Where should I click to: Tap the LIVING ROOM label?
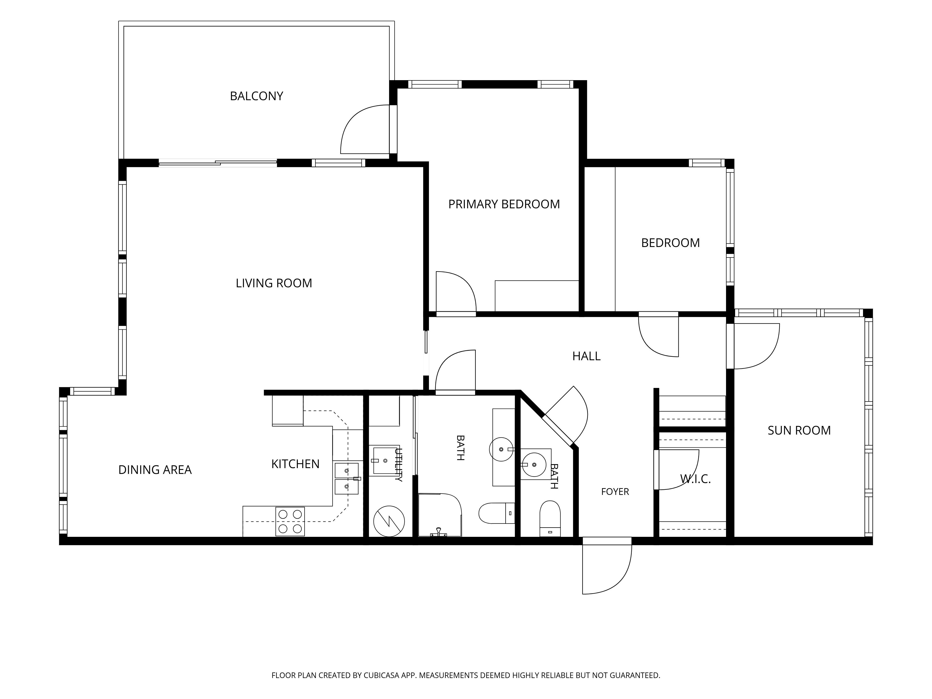pos(274,283)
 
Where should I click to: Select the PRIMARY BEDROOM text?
pos(504,204)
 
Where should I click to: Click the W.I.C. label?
pos(695,479)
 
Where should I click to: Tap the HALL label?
pos(586,356)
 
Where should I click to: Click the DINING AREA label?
pos(155,470)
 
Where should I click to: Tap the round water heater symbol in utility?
pos(389,521)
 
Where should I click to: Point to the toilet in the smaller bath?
pos(550,519)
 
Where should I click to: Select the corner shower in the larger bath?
pos(439,515)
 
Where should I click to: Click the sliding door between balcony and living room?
pos(218,163)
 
